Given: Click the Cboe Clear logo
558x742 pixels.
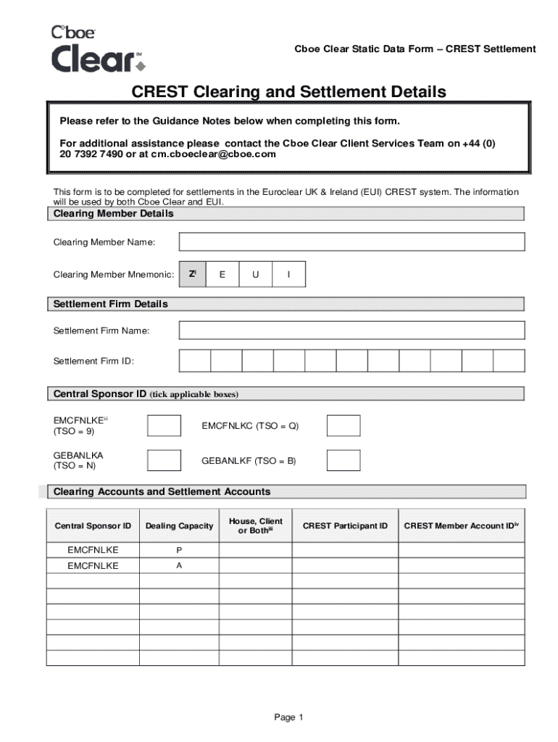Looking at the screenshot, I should (x=98, y=50).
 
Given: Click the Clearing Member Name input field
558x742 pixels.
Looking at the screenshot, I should (x=351, y=241).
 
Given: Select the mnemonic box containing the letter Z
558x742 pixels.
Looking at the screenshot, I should (x=192, y=275).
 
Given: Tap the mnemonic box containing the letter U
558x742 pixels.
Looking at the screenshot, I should (x=256, y=275).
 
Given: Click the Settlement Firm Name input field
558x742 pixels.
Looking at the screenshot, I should (x=351, y=330).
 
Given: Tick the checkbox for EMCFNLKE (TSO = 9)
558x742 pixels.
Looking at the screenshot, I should (x=164, y=425).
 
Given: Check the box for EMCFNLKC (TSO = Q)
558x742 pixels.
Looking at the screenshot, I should (x=343, y=425).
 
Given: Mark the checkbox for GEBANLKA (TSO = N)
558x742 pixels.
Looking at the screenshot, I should (x=164, y=460).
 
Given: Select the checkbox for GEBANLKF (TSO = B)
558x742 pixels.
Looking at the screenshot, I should (x=343, y=460).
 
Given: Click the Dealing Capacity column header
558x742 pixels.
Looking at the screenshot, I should (x=179, y=526).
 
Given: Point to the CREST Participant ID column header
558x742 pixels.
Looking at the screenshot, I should (x=345, y=526).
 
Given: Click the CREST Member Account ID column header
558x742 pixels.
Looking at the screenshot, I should (x=462, y=526).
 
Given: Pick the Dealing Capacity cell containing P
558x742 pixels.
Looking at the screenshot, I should (x=179, y=550).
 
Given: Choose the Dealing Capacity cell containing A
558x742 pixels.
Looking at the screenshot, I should (x=179, y=566).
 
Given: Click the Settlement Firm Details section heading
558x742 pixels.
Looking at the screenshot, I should (x=111, y=304).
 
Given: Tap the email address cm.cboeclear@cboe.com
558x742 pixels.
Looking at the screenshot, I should (x=213, y=154).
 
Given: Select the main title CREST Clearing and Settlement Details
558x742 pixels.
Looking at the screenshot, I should (x=288, y=92).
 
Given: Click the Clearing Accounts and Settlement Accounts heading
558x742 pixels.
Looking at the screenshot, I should (x=162, y=492).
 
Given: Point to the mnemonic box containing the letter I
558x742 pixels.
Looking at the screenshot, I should (x=289, y=275).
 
